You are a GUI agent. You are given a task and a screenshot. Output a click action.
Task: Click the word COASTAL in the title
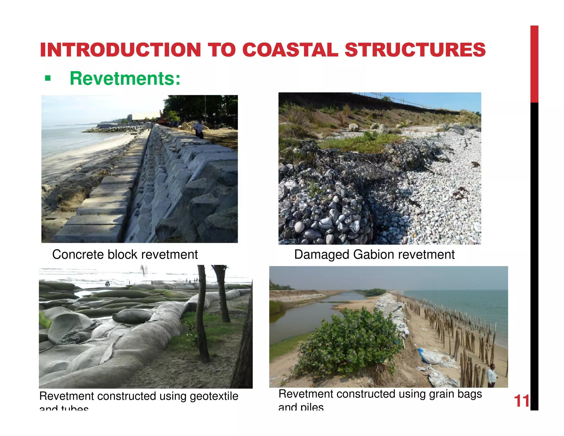pos(290,50)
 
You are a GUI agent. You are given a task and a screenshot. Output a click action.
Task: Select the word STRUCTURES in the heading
pos(415,50)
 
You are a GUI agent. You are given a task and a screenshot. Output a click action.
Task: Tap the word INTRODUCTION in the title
pos(120,50)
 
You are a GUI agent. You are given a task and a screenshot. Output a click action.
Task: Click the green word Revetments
pos(125,79)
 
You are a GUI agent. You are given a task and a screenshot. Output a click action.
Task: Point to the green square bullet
pos(48,79)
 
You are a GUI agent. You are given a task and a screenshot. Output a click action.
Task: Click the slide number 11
pos(522,401)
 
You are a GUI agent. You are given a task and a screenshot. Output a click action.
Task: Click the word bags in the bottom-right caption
pos(470,394)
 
